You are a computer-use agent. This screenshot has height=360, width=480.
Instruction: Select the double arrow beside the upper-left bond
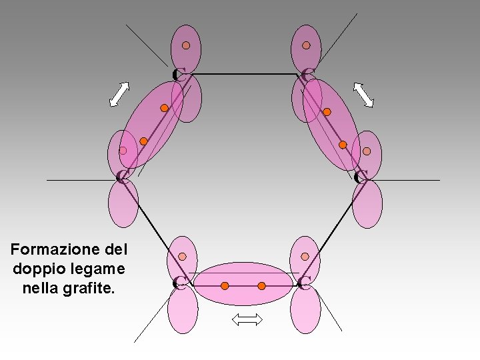pos(119,94)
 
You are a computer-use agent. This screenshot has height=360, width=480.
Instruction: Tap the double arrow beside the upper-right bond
pos(363,95)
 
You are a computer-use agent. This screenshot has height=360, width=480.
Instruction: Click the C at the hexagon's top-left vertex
pos(177,74)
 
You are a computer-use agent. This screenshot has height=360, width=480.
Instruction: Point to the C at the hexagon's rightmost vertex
pos(361,177)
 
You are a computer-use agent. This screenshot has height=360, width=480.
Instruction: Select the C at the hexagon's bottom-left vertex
pos(178,283)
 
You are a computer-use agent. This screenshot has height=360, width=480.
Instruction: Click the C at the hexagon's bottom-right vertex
pos(304,283)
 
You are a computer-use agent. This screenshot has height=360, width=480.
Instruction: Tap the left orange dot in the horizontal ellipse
pos(225,286)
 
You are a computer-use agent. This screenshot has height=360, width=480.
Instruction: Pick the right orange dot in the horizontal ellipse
pos(261,286)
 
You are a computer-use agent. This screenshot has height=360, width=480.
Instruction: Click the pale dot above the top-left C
pos(187,45)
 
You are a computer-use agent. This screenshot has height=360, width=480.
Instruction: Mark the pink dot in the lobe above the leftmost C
pos(123,151)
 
